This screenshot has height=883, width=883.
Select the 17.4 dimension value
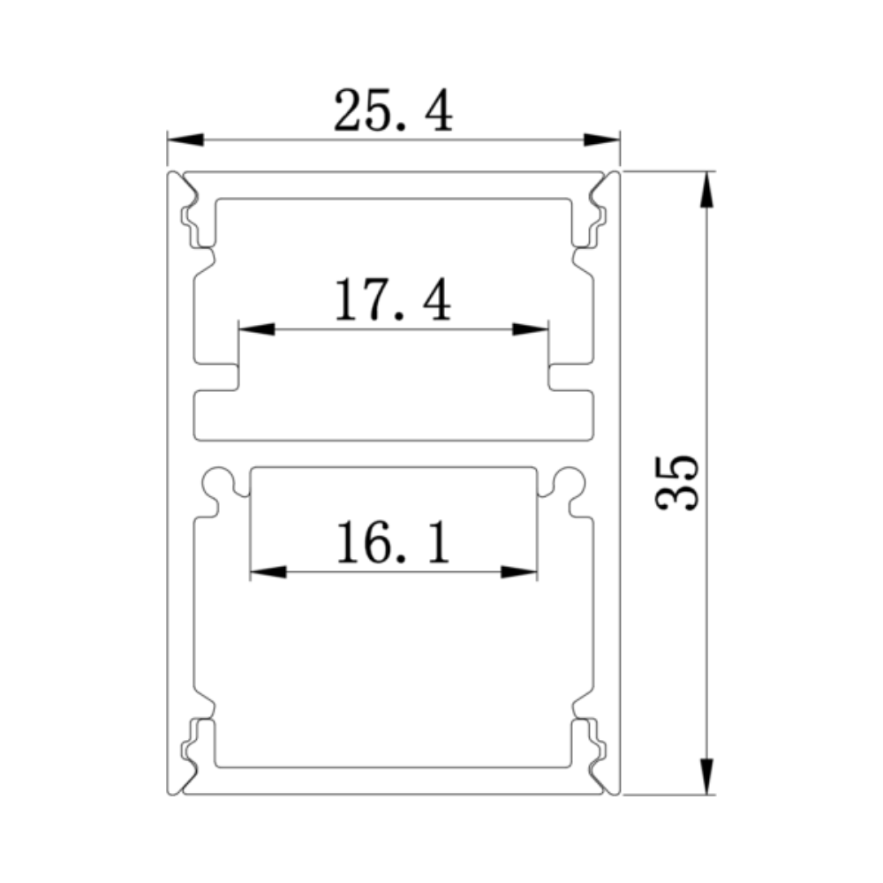(393, 300)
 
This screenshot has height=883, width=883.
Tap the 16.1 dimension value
(393, 543)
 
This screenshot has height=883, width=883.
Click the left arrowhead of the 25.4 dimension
(185, 140)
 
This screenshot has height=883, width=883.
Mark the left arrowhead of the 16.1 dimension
(268, 572)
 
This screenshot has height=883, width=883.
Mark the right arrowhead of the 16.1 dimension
(518, 572)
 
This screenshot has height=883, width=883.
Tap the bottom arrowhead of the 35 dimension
(706, 775)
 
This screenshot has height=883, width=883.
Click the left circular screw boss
(216, 482)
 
